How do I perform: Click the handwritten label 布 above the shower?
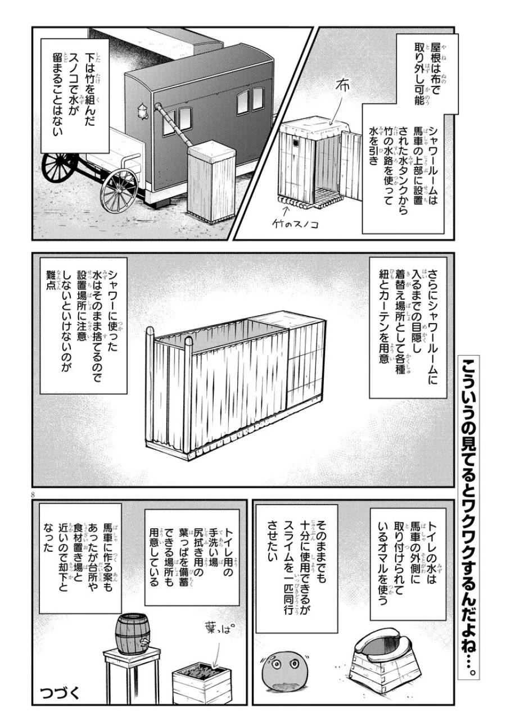click(x=341, y=87)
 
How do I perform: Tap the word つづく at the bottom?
click(x=61, y=692)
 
